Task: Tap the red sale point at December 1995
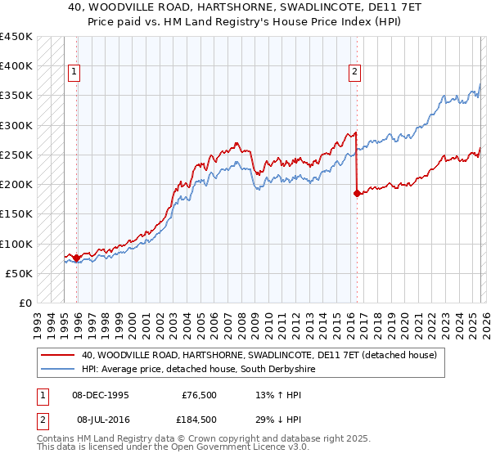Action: (x=77, y=258)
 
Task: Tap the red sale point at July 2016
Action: (x=357, y=194)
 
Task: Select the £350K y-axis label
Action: (x=16, y=96)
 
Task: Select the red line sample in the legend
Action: (x=58, y=355)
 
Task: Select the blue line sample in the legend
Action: (x=58, y=370)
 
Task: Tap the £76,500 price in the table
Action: (x=199, y=395)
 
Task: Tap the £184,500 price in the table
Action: (x=199, y=419)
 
